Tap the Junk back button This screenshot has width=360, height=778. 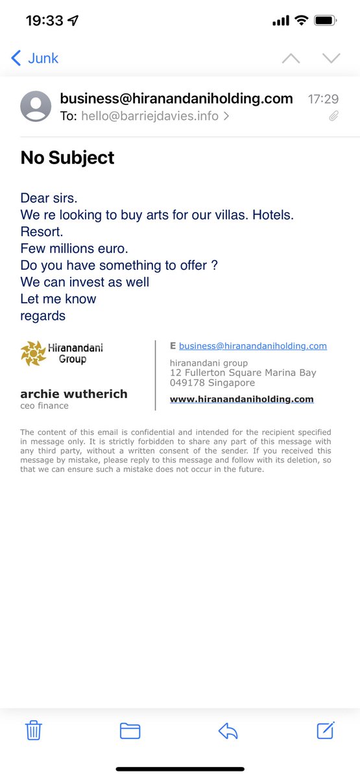coord(35,58)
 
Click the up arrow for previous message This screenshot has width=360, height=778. coord(291,58)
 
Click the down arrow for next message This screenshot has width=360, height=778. coord(331,58)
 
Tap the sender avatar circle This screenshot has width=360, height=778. coord(36,106)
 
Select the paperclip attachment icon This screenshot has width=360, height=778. coord(333,117)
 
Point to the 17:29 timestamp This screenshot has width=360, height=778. coord(323,99)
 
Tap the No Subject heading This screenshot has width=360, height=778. coord(67,158)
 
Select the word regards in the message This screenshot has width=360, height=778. coord(43,316)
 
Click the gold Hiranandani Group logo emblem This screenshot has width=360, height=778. coord(33,353)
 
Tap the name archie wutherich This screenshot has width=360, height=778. coord(74,394)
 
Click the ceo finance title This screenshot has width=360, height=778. coord(44,406)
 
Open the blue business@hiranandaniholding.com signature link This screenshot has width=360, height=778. coord(252,346)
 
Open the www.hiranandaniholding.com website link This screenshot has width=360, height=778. coord(241,399)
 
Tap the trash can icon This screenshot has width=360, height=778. coord(34,731)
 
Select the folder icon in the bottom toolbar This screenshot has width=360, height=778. coord(130,731)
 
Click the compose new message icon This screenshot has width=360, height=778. coord(326,731)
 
